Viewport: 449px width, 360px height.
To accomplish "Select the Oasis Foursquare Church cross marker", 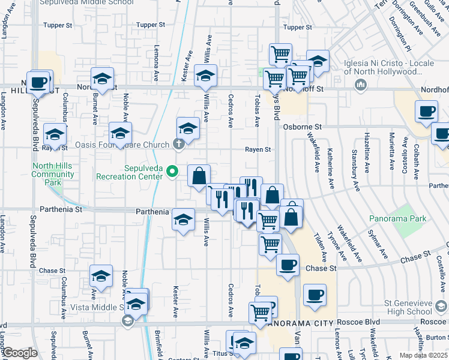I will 178,144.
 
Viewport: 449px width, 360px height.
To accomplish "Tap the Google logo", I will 19,353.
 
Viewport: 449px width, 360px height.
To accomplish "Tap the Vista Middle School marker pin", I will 128,321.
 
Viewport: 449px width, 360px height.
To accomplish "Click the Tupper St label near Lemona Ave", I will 150,25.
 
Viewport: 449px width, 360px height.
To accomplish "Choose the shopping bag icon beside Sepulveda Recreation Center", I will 199,176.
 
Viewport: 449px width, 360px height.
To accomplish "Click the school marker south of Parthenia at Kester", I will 184,219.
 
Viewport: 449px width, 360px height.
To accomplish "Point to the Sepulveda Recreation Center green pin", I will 172,172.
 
